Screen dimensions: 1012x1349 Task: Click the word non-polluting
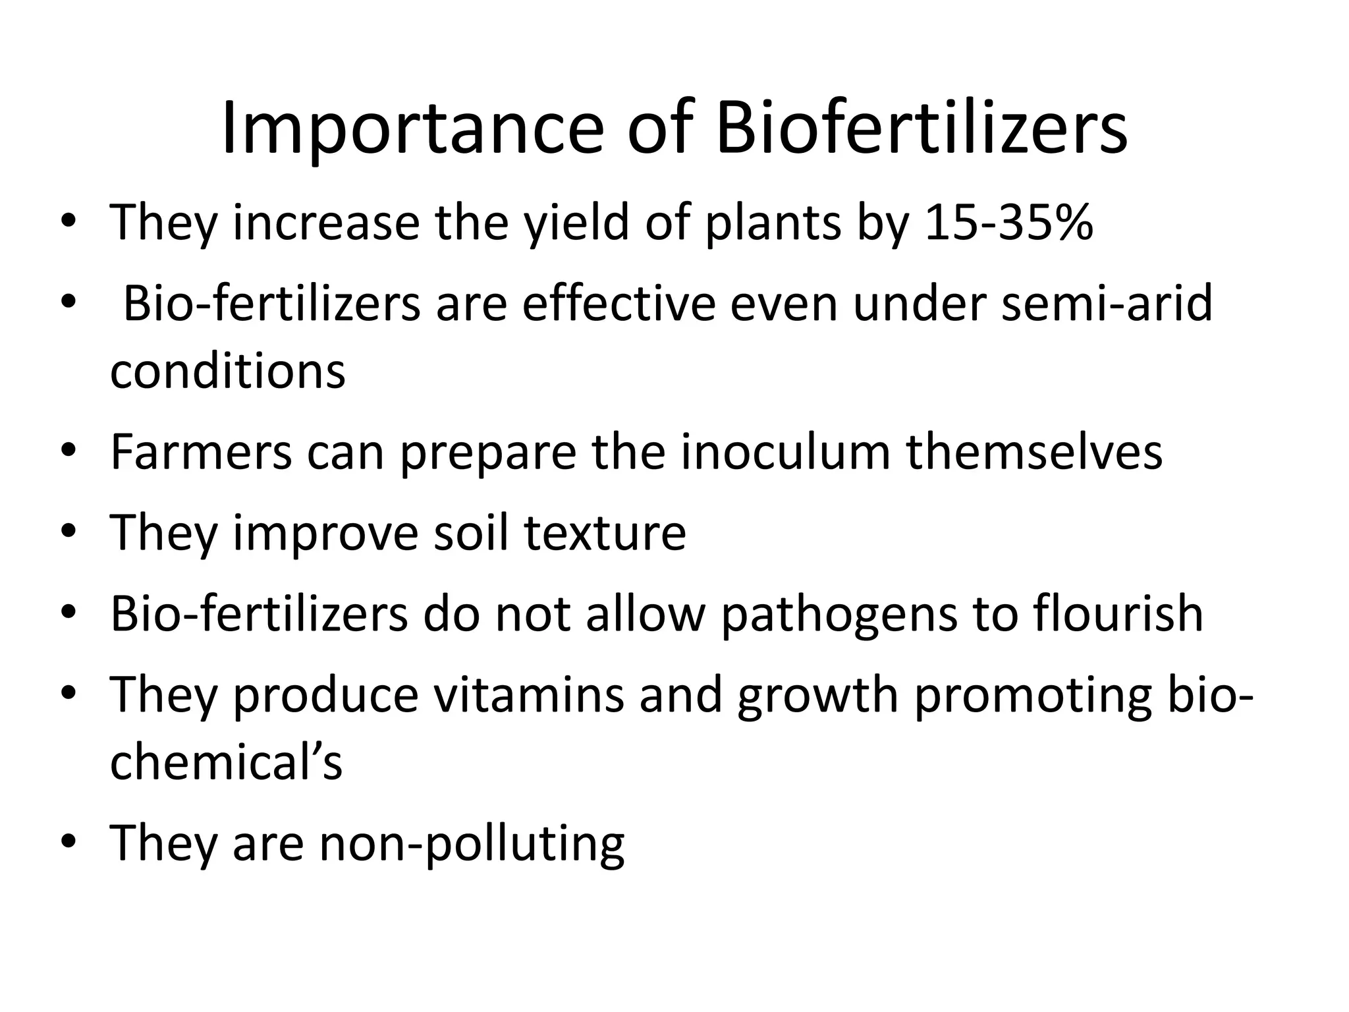coord(472,843)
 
